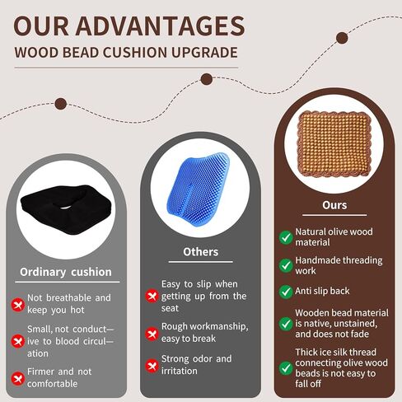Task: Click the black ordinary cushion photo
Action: coord(66,209)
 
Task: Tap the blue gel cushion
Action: coord(199,189)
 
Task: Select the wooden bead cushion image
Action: coord(334,143)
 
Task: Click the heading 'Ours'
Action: coord(334,205)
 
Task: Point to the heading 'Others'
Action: coord(200,252)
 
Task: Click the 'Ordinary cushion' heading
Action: coord(66,272)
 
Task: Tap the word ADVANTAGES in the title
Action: coord(160,26)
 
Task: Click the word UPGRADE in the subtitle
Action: coord(204,53)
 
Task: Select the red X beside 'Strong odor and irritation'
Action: coord(152,366)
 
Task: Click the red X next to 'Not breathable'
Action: coord(18,305)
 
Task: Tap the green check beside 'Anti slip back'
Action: coord(286,292)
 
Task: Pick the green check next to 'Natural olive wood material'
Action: coord(286,237)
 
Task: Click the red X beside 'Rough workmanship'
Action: coord(152,334)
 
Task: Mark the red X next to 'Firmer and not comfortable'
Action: coord(18,378)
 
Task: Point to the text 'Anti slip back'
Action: coord(322,291)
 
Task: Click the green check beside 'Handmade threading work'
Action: coord(286,265)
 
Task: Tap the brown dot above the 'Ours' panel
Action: coord(342,38)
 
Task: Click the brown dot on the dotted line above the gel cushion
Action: coord(207,79)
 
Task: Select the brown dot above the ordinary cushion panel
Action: coord(61,104)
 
